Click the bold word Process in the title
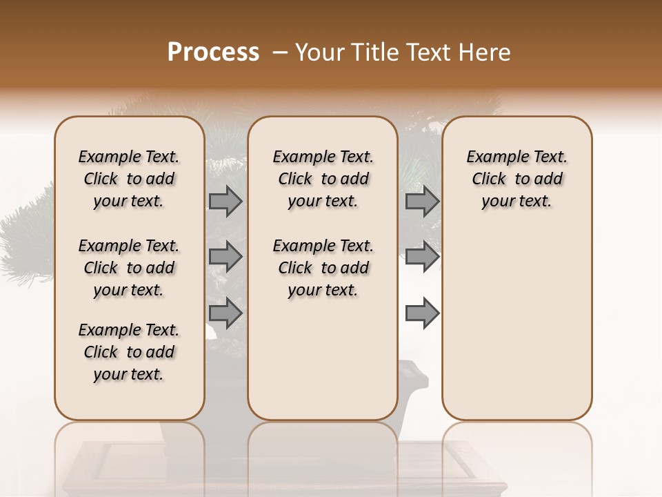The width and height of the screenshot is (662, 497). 213,52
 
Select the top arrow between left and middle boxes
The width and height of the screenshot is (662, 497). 225,202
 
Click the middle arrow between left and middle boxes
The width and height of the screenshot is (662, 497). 225,257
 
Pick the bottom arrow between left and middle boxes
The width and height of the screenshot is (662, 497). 225,313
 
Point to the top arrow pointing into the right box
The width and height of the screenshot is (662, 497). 422,202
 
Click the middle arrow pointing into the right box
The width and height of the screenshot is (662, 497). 422,257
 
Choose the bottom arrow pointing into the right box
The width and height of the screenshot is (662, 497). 422,313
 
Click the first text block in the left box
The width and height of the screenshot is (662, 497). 129,179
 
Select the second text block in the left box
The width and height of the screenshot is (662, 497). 129,268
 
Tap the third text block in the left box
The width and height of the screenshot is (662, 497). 129,352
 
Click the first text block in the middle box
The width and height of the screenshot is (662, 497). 323,179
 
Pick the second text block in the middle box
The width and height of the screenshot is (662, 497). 323,268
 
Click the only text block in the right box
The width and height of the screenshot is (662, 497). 516,179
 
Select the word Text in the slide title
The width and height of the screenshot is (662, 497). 423,52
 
